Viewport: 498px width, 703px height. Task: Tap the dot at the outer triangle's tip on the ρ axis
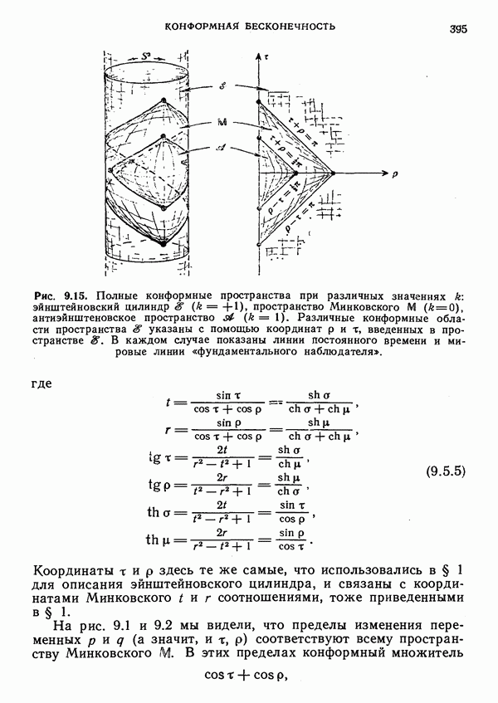click(334, 174)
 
